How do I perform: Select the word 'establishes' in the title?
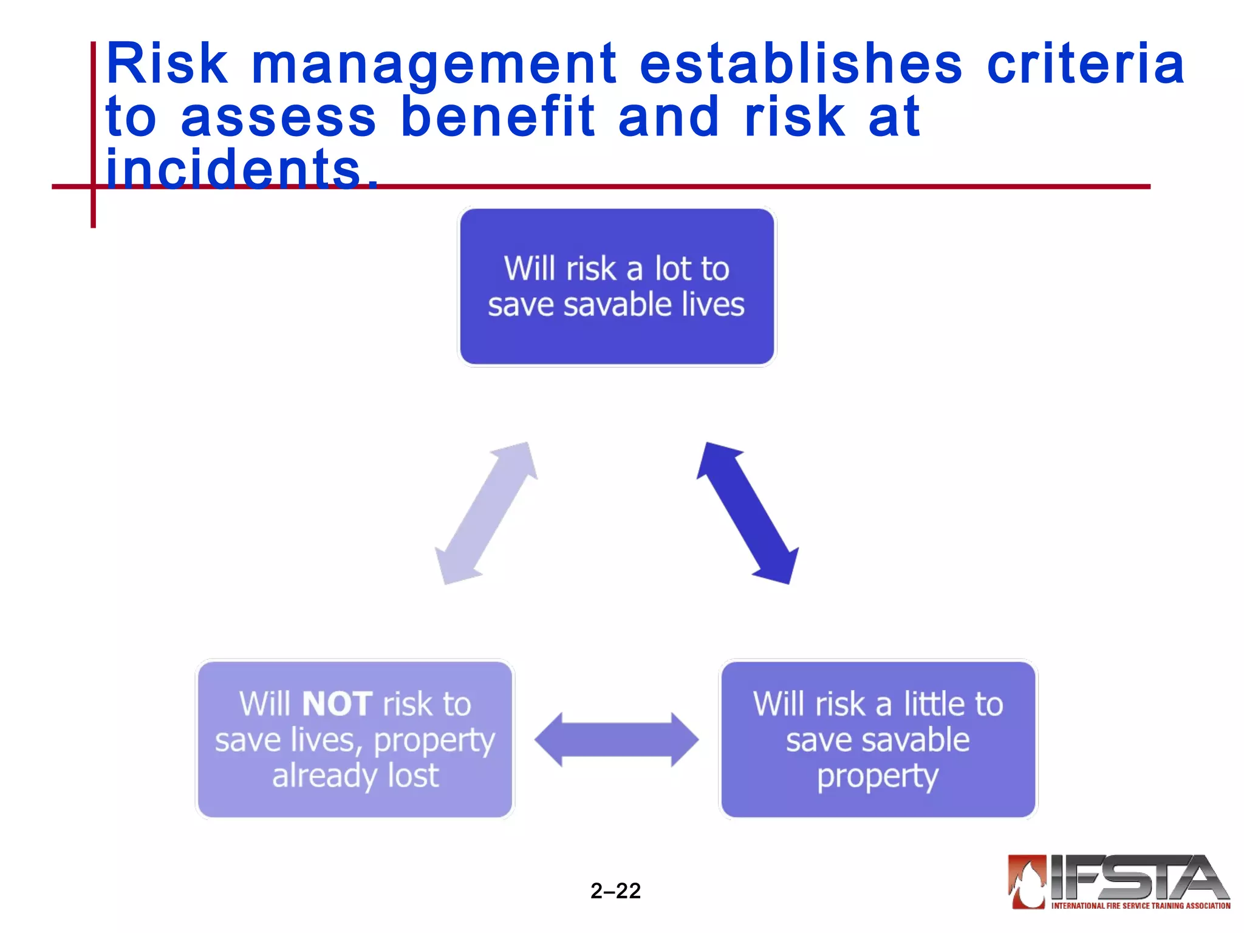(x=801, y=64)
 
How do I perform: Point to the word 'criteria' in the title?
(x=1085, y=64)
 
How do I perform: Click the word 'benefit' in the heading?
(x=497, y=117)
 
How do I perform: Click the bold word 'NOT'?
(x=337, y=705)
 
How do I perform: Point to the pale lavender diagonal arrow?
(x=486, y=513)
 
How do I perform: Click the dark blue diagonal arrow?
(x=748, y=513)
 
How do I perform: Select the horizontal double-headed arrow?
(x=617, y=740)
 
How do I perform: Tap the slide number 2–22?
(x=615, y=891)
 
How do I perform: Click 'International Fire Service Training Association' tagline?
(x=1140, y=906)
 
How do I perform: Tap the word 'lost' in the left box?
(x=413, y=776)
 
